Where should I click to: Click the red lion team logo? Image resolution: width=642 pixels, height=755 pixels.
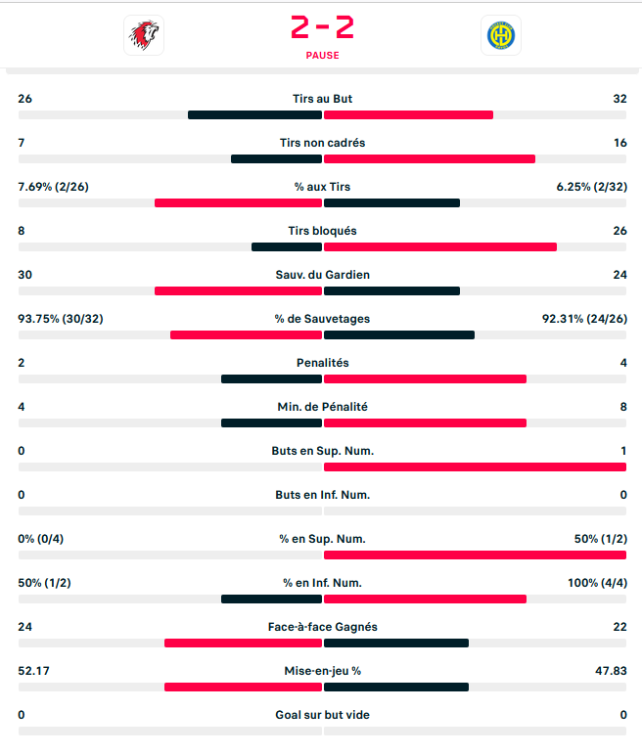tap(144, 35)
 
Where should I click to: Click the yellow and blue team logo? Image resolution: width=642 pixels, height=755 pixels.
tap(501, 35)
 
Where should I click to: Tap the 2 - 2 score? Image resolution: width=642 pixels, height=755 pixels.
tap(322, 27)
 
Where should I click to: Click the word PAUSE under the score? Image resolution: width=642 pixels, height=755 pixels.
tap(322, 56)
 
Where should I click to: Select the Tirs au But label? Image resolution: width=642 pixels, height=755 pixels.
tap(322, 99)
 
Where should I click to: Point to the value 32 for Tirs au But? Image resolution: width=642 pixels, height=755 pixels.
tap(619, 99)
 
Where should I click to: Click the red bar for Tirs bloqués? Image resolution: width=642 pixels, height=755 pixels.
tap(440, 247)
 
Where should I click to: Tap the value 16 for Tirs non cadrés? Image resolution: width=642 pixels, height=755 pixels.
tap(619, 143)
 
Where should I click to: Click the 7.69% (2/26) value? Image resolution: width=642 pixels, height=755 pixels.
tap(53, 187)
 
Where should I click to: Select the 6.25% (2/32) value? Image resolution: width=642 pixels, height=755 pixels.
tap(590, 187)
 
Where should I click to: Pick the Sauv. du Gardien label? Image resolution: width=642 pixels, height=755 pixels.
tap(322, 275)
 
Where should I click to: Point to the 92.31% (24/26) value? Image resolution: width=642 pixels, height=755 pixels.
tap(586, 319)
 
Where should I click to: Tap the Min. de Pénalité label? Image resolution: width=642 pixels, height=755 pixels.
tap(322, 407)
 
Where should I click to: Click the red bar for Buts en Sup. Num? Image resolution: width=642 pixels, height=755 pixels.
tap(475, 467)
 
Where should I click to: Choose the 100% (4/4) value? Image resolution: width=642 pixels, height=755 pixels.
tap(597, 583)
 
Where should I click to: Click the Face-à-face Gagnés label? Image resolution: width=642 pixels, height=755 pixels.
tap(322, 627)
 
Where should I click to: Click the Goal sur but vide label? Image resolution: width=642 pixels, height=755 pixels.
tap(322, 715)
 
